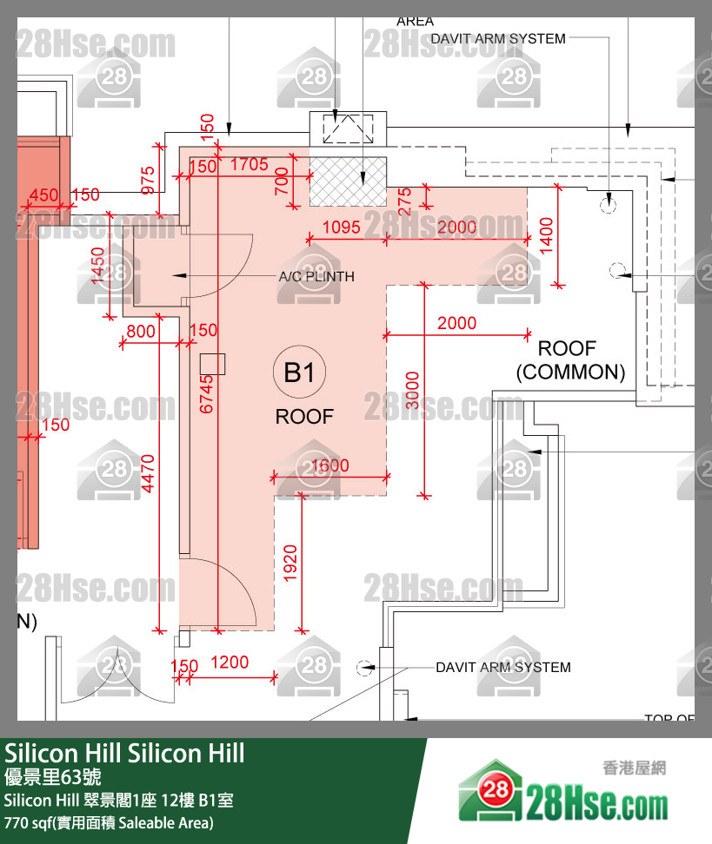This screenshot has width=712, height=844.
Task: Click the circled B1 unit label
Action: pos(299,373)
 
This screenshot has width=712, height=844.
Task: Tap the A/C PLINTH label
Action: pos(316,277)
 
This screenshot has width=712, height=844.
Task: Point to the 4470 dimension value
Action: pos(148,473)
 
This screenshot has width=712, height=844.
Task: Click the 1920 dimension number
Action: pos(290,564)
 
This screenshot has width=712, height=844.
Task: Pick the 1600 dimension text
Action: pos(329,465)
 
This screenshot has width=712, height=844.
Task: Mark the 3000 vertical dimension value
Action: pos(412,391)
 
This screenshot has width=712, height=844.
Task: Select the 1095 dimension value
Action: pos(341,227)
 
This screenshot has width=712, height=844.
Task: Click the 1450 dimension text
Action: pos(96,266)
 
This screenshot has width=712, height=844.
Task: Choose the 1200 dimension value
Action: pos(230,663)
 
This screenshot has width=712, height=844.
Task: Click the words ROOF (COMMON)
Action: pos(570,360)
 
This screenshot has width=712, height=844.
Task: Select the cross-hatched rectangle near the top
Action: pos(348,181)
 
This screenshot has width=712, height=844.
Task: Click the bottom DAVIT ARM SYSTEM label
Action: pos(502,667)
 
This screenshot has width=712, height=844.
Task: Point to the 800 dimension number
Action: pos(141,331)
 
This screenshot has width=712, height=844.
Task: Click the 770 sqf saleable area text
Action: pos(109,821)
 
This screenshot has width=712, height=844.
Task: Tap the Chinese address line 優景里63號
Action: pos(53,776)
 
